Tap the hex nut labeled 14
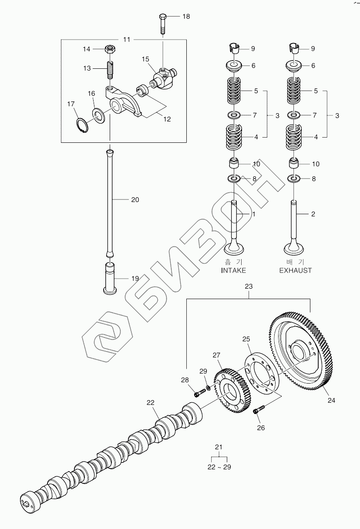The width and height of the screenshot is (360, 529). [110, 49]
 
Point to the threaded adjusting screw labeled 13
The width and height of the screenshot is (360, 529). [111, 70]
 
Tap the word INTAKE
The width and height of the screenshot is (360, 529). [233, 270]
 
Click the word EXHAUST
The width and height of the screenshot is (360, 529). [296, 270]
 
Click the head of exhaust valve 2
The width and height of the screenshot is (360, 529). [294, 249]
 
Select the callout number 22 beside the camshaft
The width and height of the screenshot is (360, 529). [151, 403]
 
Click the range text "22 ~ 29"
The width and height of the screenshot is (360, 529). [219, 467]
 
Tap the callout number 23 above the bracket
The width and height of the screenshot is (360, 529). [249, 286]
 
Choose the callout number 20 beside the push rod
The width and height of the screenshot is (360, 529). [135, 200]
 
